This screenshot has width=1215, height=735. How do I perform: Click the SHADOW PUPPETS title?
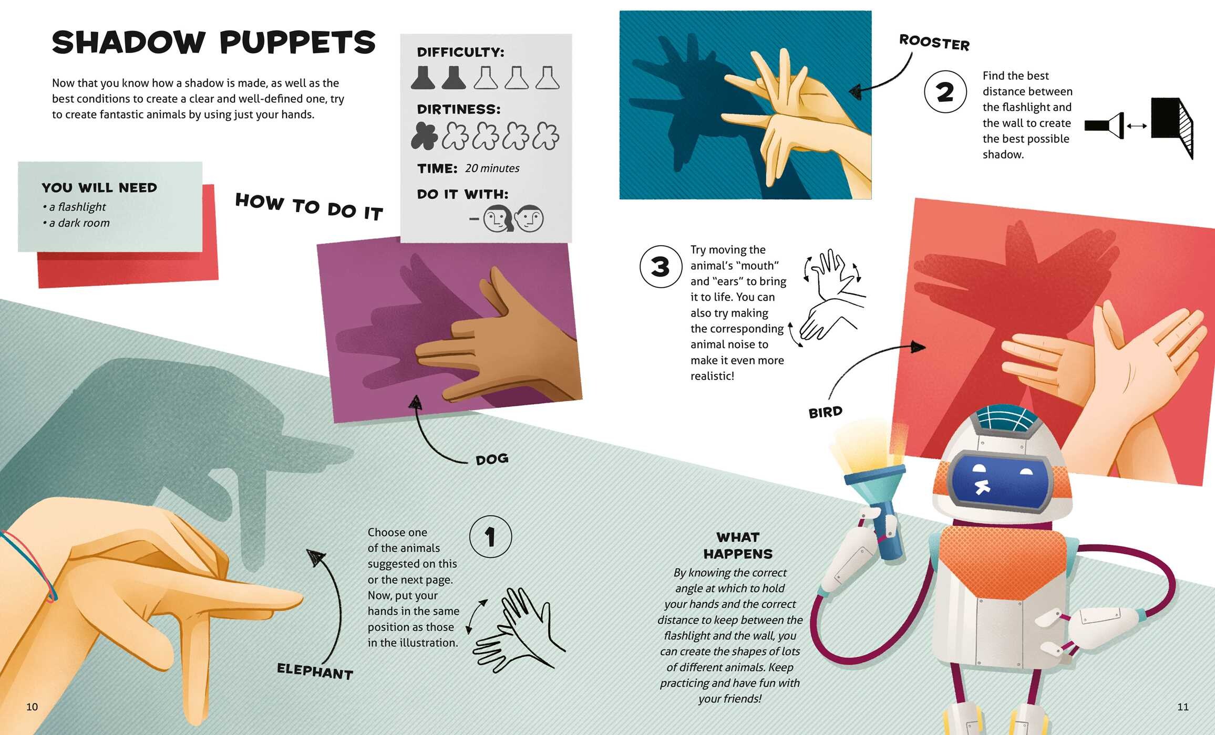214,42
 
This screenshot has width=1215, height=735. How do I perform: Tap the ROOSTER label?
934,42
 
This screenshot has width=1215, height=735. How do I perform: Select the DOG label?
492,459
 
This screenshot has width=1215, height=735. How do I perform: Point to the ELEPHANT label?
315,671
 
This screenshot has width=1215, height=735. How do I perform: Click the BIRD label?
825,412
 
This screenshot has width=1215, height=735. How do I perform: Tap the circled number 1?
490,537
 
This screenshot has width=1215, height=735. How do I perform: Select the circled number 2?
945,92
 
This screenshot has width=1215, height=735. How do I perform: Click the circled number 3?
661,267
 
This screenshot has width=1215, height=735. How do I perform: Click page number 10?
32,707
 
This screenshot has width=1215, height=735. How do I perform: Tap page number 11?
1183,707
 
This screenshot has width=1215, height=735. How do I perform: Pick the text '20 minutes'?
492,169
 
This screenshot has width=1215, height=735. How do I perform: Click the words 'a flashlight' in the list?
77,207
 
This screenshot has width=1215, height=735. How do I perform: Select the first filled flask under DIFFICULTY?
423,77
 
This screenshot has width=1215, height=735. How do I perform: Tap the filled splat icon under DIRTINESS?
424,135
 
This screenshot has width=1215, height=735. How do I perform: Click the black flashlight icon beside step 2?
1104,125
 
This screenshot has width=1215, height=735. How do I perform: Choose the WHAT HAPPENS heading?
738,545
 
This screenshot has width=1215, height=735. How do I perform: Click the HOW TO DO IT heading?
309,207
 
